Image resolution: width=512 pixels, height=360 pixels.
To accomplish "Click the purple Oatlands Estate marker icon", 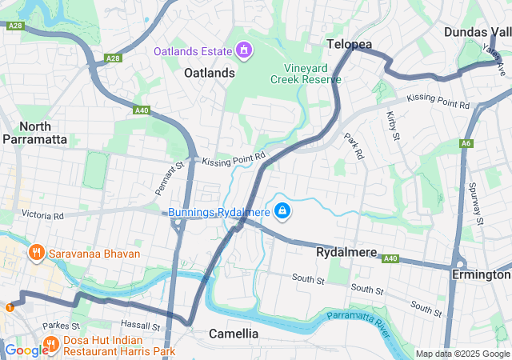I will point(243,51).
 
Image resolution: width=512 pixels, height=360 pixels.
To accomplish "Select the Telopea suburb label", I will point(349,45).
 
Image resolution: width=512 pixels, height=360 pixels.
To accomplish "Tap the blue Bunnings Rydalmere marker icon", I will point(282,211).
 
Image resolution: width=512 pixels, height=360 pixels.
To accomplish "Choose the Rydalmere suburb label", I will point(346,252).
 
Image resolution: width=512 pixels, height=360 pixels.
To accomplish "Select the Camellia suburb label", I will point(234,333).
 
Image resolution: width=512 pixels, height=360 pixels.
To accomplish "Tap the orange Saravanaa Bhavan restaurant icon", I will point(35,254).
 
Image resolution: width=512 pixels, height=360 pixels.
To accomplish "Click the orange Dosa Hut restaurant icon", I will point(50,346).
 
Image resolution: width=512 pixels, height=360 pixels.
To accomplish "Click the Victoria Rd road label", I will point(42,215).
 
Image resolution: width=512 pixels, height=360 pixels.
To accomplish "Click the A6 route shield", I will point(466,143).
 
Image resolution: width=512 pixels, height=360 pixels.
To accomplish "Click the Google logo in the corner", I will point(25,350).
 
